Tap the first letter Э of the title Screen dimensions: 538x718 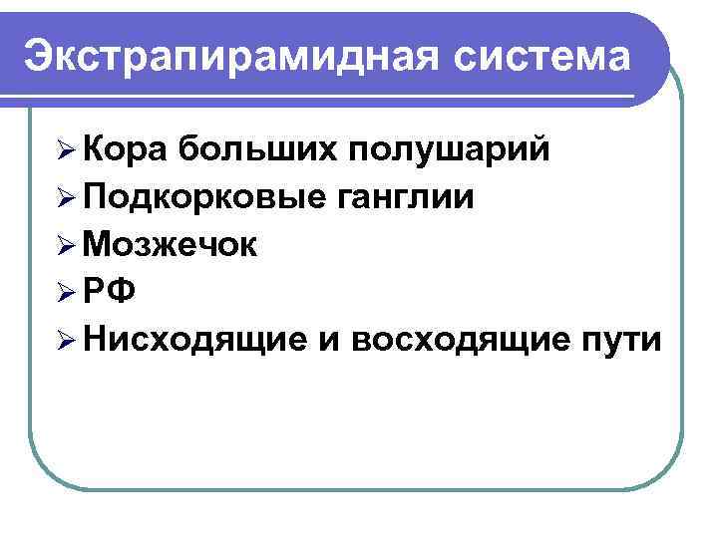click(40, 56)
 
